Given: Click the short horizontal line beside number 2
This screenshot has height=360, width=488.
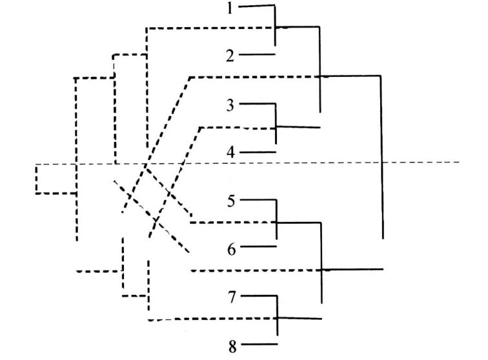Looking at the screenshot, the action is click(x=258, y=55).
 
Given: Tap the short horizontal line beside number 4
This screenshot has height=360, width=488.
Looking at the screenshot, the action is click(x=258, y=152).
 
